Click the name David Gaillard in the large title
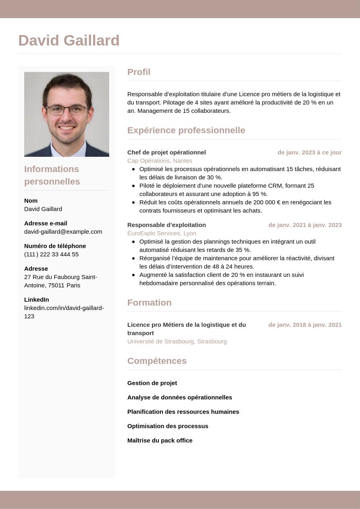[69, 41]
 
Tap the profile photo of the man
[67, 114]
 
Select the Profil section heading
[139, 72]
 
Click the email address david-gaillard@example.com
[63, 232]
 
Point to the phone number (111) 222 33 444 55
[51, 254]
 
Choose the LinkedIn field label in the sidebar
[36, 300]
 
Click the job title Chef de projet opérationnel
[166, 152]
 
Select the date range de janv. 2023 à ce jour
[309, 152]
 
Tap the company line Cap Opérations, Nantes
[160, 161]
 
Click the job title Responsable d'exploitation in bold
[166, 225]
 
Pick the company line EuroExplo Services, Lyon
[162, 233]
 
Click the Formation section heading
[149, 303]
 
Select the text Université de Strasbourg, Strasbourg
[177, 341]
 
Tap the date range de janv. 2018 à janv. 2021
[305, 325]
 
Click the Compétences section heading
[157, 361]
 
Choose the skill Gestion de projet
[152, 383]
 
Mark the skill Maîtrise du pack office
[160, 440]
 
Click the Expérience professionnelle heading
[186, 131]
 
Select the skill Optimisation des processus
[168, 426]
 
